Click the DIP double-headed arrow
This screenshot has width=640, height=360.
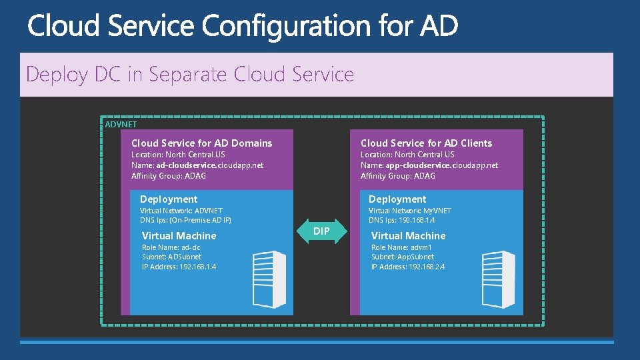[x=321, y=231]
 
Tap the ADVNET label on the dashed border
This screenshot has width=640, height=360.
[x=121, y=124]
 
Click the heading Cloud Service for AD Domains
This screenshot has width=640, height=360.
[x=201, y=143]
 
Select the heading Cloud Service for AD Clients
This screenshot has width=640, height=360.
[x=426, y=143]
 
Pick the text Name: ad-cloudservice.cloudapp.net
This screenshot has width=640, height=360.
[x=197, y=165]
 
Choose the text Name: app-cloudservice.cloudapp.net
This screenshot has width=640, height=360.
[x=429, y=165]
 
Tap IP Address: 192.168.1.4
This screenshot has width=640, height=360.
[x=179, y=267]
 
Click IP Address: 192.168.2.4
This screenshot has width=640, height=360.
[x=407, y=267]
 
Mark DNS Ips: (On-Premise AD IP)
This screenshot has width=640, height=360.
[x=185, y=221]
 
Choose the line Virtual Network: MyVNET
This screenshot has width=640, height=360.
[x=409, y=211]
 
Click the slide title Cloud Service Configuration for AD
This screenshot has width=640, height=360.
[x=243, y=27]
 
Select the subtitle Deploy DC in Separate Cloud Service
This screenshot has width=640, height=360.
[x=190, y=74]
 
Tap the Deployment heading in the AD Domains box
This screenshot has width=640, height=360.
[x=169, y=199]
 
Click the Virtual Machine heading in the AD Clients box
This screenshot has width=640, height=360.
[x=408, y=236]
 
